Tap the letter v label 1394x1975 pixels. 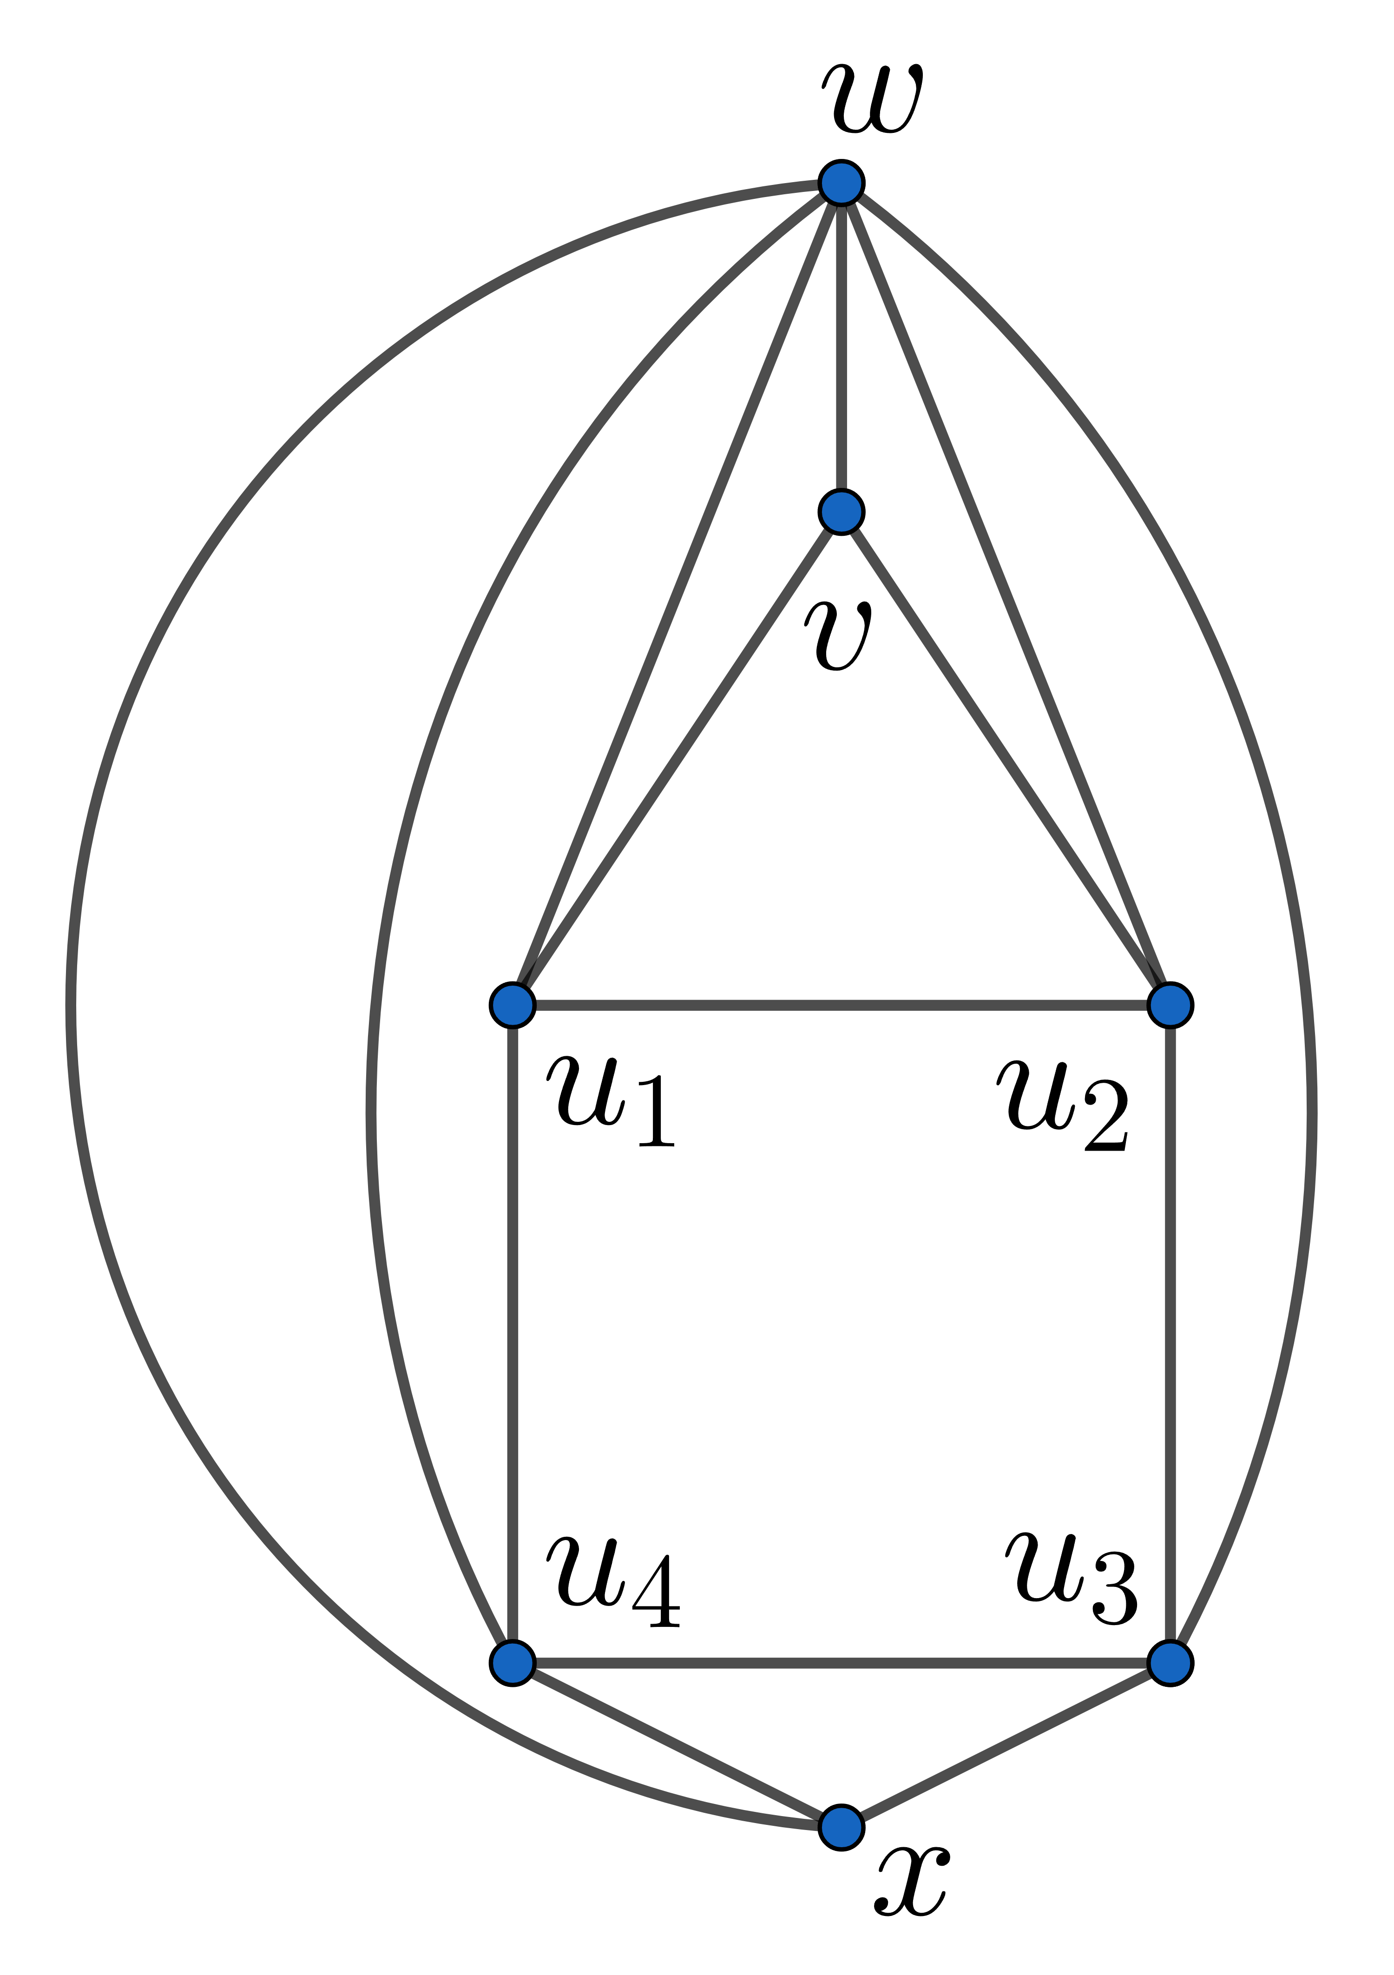pyautogui.click(x=838, y=637)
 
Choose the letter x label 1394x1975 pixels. pyautogui.click(x=912, y=1884)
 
